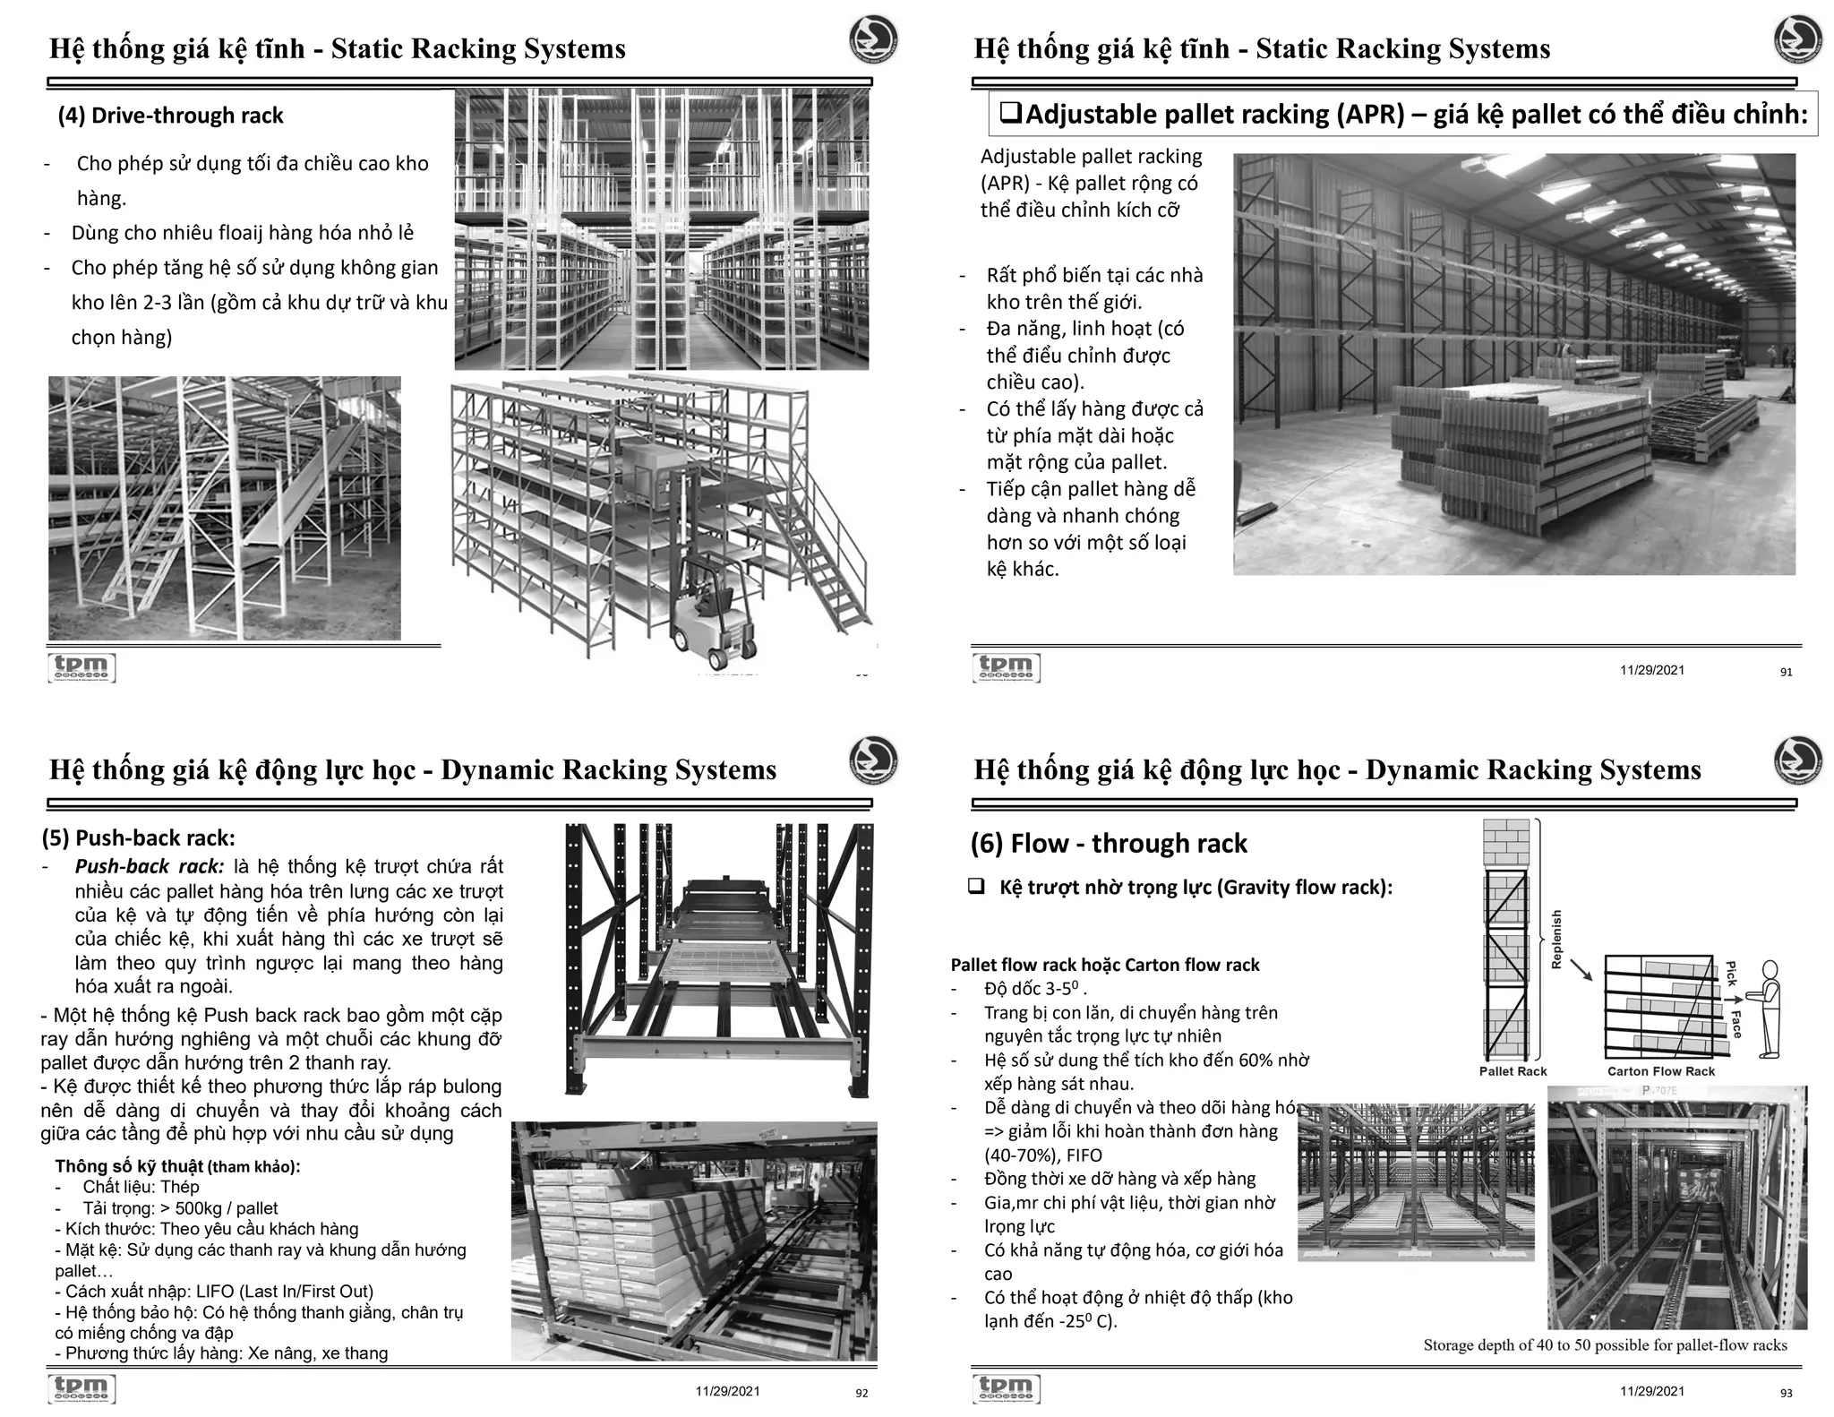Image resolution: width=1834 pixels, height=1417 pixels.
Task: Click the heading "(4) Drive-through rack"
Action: [x=170, y=116]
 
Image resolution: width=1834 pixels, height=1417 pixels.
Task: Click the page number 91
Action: [x=1786, y=672]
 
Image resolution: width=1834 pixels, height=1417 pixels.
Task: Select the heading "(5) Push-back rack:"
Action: [x=138, y=837]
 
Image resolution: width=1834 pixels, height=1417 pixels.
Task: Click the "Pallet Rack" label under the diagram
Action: [x=1513, y=1071]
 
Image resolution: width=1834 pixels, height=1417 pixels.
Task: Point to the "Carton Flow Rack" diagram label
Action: [x=1660, y=1071]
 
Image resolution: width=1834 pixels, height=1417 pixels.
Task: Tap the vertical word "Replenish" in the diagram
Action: [x=1556, y=940]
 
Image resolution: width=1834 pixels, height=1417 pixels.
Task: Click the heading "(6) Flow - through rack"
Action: [x=1109, y=843]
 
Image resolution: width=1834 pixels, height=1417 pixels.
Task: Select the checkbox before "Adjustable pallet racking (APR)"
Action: [x=1010, y=114]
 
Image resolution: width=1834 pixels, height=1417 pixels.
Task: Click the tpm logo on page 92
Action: [x=81, y=1387]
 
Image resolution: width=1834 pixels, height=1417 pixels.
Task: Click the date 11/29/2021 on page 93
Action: [x=1651, y=1391]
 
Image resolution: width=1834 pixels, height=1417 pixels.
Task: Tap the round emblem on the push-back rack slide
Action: [x=873, y=760]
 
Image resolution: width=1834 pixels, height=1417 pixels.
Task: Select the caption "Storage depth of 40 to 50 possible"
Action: [x=1605, y=1345]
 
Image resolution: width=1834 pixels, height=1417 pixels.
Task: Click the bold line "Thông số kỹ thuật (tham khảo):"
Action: [x=177, y=1166]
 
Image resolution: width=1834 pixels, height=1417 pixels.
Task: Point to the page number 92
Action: [x=861, y=1393]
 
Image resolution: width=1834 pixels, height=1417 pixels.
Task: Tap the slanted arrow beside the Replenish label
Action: [x=1581, y=969]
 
